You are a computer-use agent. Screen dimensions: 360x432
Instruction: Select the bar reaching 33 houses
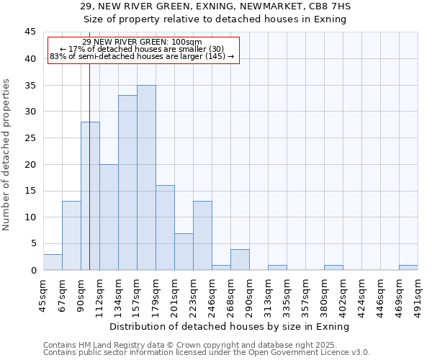click(x=127, y=183)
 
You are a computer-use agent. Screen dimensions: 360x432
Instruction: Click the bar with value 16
click(x=165, y=228)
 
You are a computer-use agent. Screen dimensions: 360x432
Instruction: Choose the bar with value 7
click(x=184, y=251)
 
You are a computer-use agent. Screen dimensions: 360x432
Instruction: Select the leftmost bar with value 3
click(x=53, y=262)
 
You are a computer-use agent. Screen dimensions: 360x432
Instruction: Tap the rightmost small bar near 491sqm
click(x=408, y=267)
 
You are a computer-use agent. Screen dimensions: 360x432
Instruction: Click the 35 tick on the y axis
click(x=30, y=85)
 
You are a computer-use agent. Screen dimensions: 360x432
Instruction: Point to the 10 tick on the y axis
click(x=30, y=217)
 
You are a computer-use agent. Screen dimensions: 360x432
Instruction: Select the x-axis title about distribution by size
click(x=230, y=326)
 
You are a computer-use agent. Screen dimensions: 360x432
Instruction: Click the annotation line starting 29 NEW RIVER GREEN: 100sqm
click(x=143, y=42)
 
